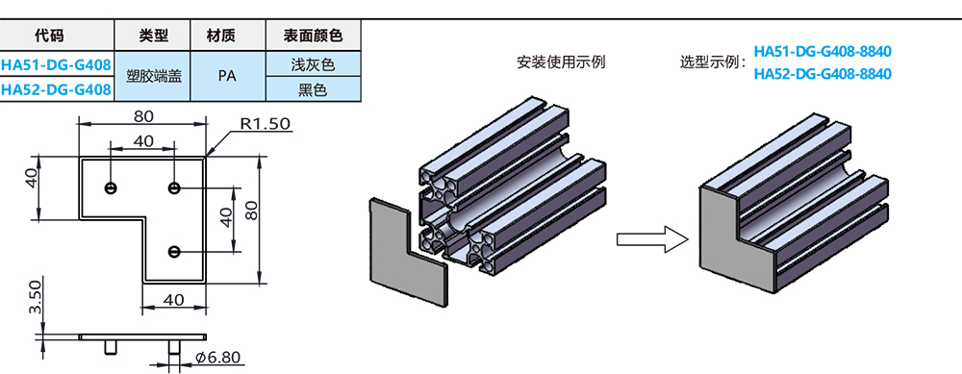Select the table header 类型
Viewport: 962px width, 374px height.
click(153, 37)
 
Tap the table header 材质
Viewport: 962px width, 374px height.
click(221, 37)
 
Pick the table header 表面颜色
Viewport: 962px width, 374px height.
click(313, 37)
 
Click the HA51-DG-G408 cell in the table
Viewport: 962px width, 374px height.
click(56, 65)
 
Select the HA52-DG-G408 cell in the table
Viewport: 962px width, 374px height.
click(56, 89)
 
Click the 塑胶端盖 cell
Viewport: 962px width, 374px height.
click(153, 78)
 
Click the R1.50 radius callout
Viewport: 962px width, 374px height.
click(265, 125)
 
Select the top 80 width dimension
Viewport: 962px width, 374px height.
click(143, 117)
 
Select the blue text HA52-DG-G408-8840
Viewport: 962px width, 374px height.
click(823, 74)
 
